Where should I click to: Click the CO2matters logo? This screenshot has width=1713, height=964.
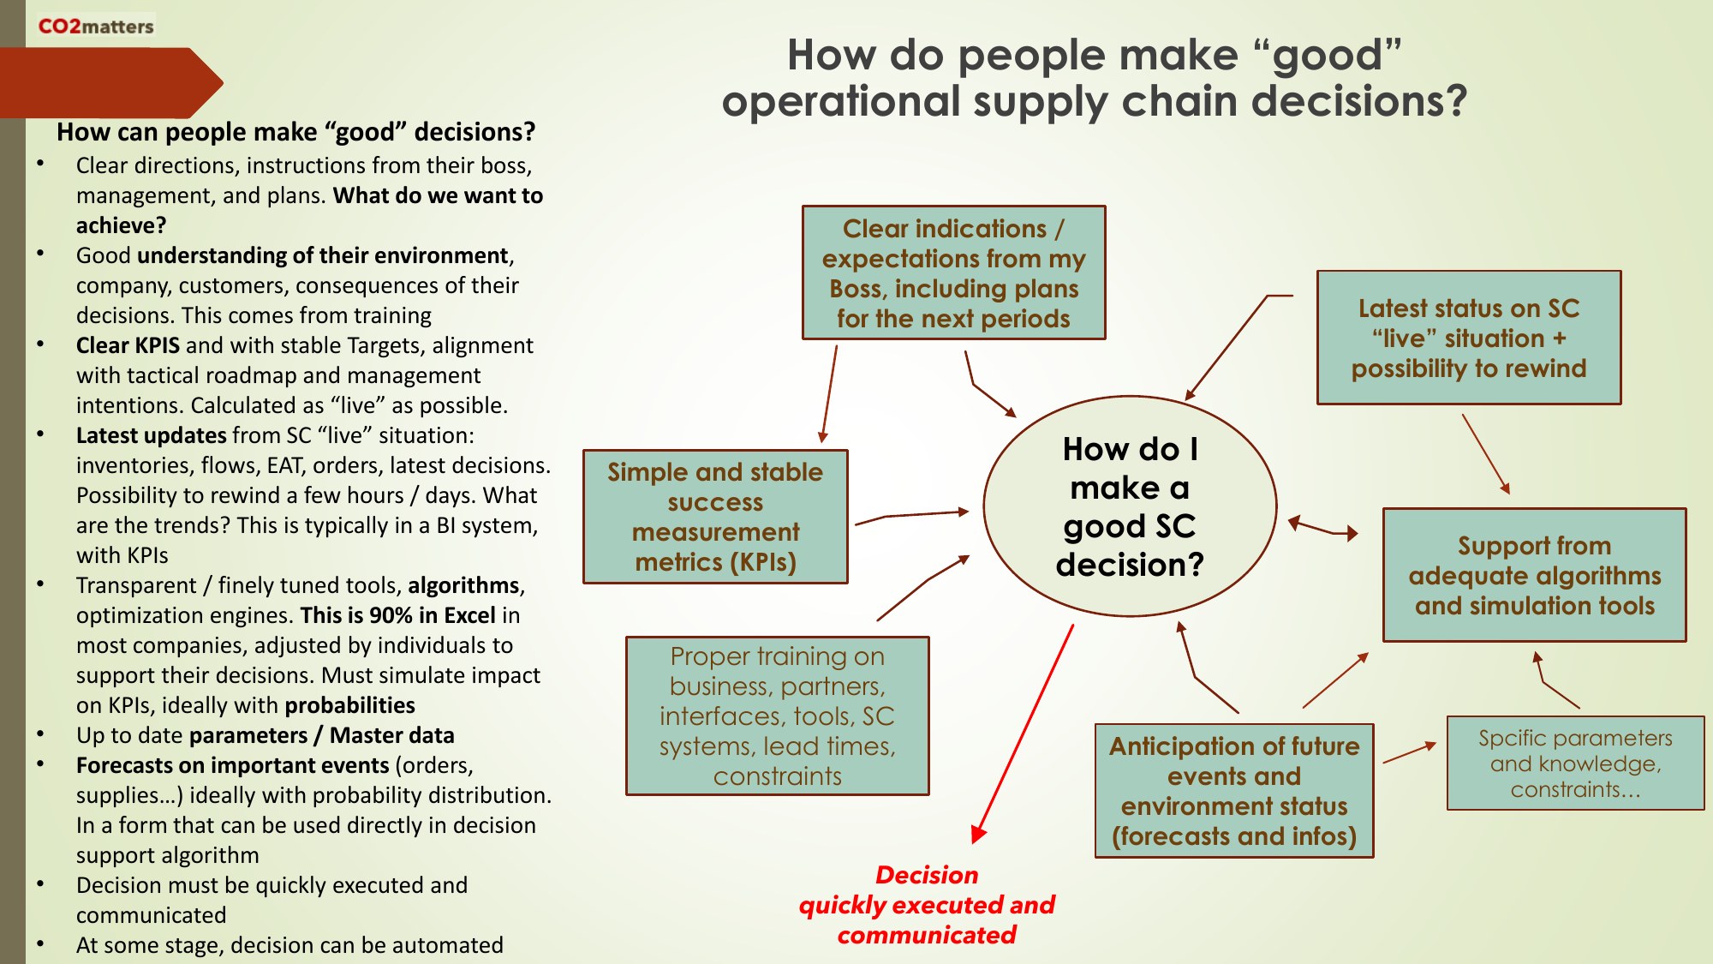[x=96, y=27]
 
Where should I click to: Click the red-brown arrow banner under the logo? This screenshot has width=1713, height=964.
[x=107, y=83]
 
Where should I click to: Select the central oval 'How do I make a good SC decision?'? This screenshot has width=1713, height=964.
[x=1130, y=506]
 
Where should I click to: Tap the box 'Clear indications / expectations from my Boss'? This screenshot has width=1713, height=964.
[x=953, y=272]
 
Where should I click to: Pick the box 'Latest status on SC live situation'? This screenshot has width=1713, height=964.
[x=1468, y=338]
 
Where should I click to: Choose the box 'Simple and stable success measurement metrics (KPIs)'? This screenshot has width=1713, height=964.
[x=715, y=517]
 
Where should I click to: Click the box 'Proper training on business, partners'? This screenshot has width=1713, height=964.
[x=777, y=716]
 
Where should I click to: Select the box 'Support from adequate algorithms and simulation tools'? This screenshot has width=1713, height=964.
[x=1534, y=575]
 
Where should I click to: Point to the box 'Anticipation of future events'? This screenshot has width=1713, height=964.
[x=1233, y=790]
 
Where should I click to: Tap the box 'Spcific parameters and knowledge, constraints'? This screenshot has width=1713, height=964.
[x=1575, y=763]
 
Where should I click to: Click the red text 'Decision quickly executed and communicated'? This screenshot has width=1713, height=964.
[x=927, y=904]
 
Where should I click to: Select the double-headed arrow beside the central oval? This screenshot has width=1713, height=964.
[x=1323, y=527]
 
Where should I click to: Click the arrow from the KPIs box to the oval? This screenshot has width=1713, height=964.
[x=912, y=515]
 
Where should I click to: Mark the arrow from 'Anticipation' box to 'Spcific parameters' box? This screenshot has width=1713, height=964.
[x=1409, y=752]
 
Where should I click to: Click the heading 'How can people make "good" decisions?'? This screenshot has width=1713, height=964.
[x=295, y=132]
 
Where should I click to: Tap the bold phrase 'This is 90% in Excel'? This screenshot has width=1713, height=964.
[x=398, y=615]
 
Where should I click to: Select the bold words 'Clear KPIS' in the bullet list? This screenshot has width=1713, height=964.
[x=128, y=345]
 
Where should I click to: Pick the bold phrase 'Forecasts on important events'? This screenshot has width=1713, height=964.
[x=233, y=765]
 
